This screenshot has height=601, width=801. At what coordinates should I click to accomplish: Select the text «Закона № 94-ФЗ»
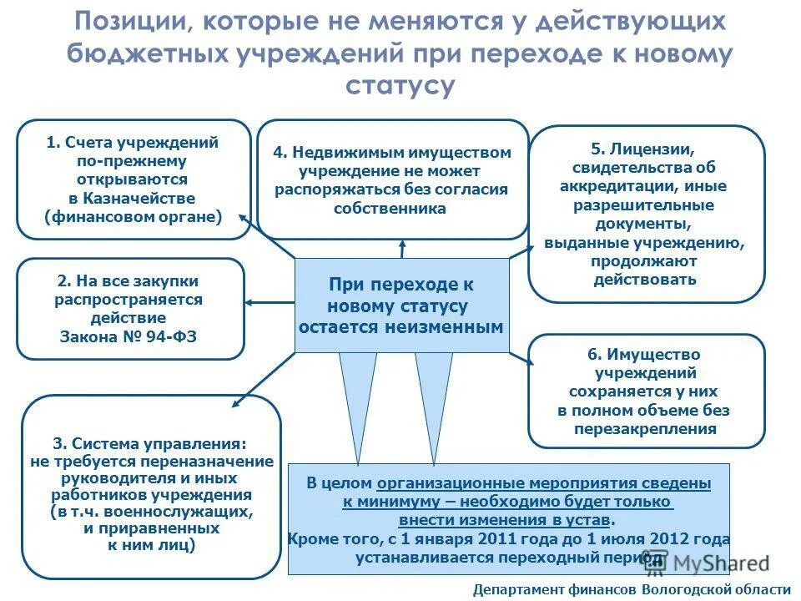128,337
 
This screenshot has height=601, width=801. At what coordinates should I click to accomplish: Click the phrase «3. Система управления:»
150,444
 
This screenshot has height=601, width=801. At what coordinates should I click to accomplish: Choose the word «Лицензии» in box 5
665,149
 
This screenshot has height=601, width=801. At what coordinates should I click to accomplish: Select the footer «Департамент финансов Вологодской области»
631,589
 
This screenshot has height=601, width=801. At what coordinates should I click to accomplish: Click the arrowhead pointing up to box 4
402,244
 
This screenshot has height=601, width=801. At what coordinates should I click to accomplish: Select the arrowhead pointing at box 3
236,404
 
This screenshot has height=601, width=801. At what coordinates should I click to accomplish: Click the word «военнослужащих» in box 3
194,511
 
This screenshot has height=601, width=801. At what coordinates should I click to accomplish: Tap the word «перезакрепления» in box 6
645,429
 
